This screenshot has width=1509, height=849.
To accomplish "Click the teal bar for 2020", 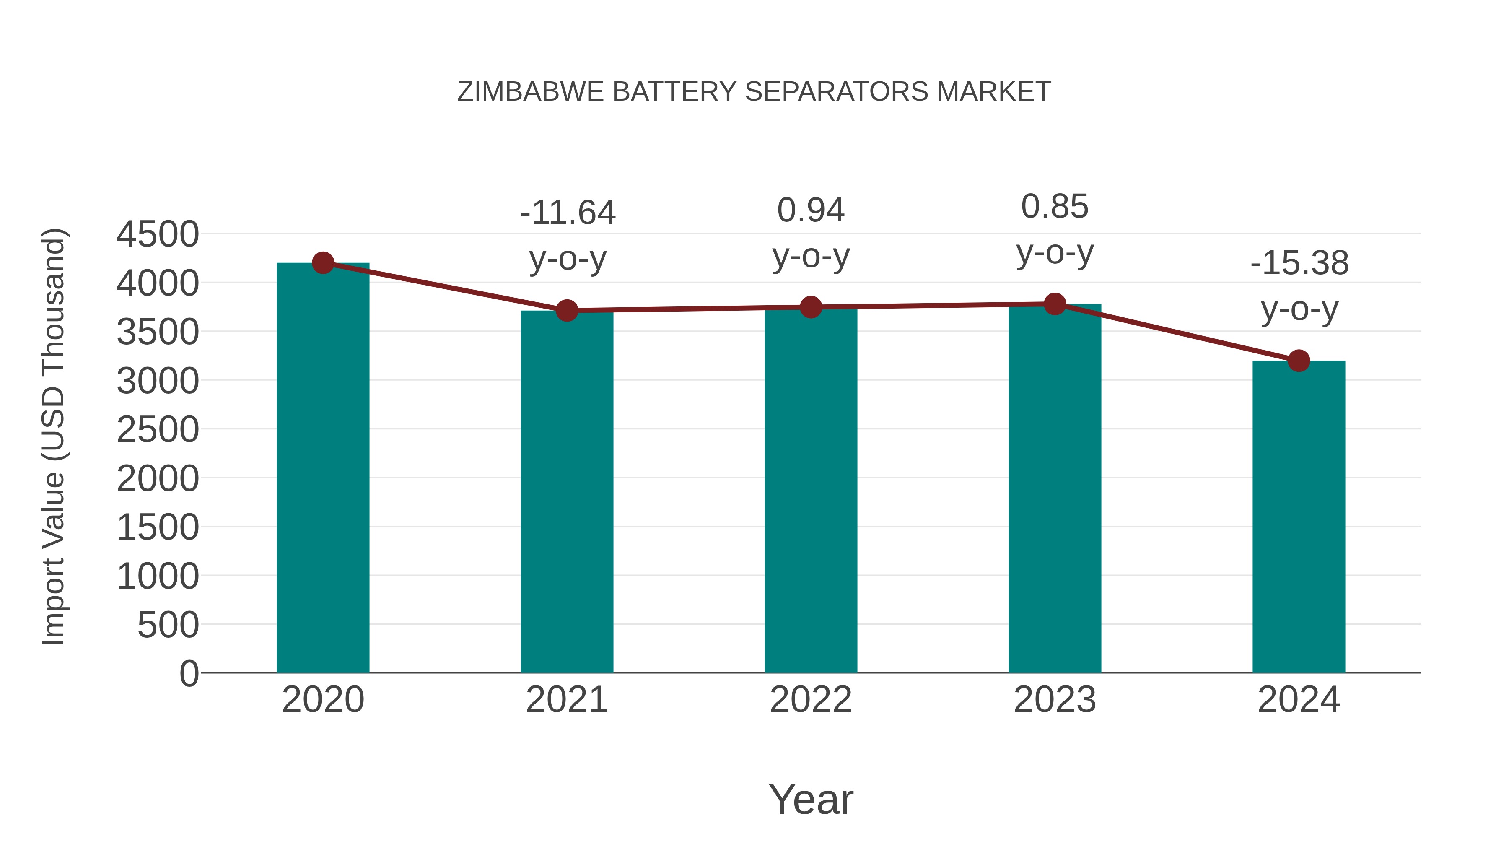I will (323, 469).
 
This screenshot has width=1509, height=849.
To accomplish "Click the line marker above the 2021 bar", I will (567, 311).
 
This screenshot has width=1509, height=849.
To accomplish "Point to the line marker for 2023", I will (1055, 304).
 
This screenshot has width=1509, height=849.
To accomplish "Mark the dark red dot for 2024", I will (1299, 361).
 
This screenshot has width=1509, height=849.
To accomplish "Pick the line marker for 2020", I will (323, 263).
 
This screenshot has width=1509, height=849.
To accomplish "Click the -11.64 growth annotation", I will (567, 213).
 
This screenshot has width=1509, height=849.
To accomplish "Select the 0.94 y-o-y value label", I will (811, 210).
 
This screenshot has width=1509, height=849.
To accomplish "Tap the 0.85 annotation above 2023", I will (1055, 207).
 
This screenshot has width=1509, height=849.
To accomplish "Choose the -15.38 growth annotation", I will (1299, 263).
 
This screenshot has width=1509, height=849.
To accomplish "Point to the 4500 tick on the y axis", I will (158, 234).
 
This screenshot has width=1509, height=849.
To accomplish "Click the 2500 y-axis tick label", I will (158, 430).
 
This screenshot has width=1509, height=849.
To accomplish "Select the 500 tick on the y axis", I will (168, 625).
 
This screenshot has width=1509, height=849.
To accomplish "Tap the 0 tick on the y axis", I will (189, 674).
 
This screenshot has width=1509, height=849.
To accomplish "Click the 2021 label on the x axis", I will (567, 700).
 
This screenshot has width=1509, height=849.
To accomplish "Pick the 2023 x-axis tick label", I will (1055, 700).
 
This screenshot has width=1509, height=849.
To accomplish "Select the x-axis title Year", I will (811, 799).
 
